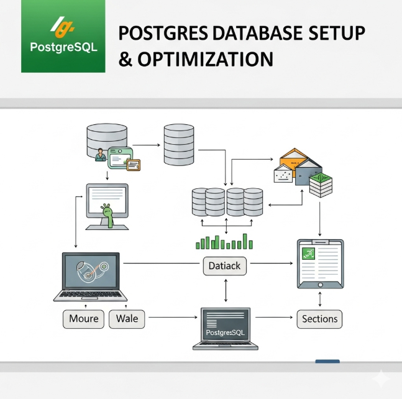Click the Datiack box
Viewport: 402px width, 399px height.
pos(224,266)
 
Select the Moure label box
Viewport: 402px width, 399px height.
pos(84,319)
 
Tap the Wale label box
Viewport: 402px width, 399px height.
pos(127,319)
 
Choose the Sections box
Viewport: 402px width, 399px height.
pos(319,319)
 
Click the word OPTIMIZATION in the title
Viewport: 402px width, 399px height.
pos(206,59)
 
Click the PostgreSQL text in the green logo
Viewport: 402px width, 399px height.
pos(63,47)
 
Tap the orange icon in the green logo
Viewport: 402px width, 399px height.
pos(63,27)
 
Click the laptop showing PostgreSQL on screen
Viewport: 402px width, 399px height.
pos(226,329)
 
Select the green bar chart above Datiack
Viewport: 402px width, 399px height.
pos(224,242)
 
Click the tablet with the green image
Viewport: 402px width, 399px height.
pos(320,264)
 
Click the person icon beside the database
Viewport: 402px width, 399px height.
pos(100,155)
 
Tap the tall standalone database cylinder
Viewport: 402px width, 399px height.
pos(179,145)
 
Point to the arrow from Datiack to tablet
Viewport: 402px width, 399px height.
pos(272,263)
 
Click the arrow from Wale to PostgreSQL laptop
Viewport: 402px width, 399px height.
pos(173,317)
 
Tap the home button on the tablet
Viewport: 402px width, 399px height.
pos(320,285)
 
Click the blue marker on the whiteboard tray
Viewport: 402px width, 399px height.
pos(327,361)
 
